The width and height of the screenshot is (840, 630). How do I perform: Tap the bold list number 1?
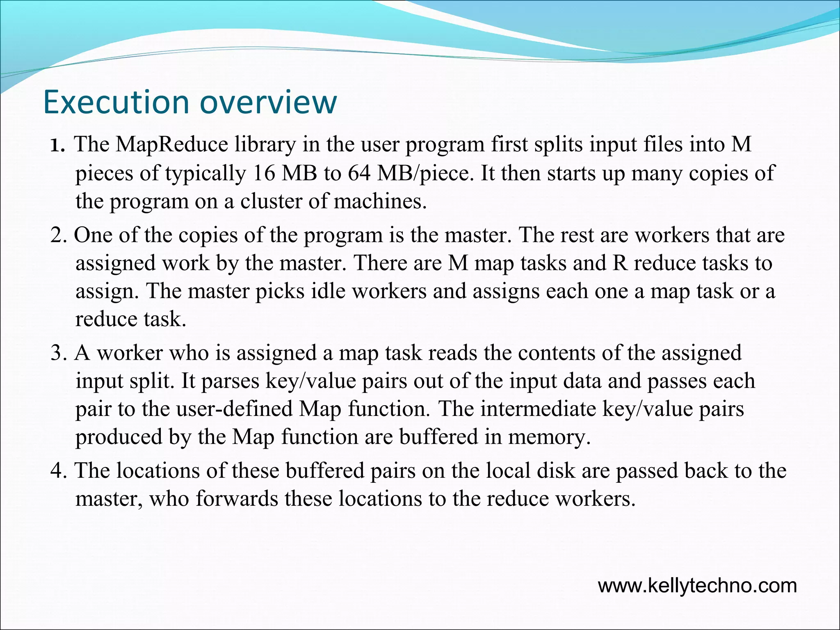[57, 146]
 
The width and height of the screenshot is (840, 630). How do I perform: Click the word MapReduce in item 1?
[171, 145]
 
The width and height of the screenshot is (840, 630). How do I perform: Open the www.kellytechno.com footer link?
[697, 586]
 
